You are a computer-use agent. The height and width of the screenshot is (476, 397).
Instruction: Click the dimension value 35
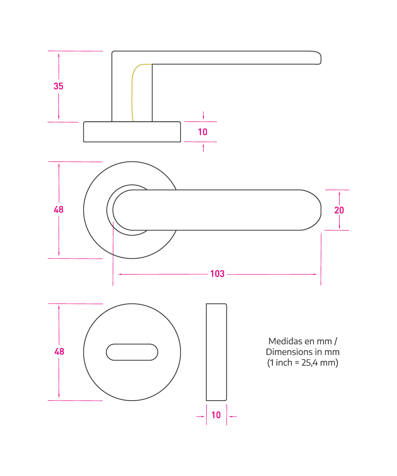point(58,86)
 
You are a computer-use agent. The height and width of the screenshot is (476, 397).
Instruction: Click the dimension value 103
point(217,274)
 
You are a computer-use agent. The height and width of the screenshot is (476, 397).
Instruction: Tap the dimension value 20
point(339,210)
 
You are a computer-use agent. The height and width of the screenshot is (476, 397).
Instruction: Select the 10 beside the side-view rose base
point(202,132)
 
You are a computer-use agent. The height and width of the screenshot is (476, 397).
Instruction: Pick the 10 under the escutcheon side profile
point(216,415)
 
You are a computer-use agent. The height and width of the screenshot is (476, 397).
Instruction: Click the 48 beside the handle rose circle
point(58,209)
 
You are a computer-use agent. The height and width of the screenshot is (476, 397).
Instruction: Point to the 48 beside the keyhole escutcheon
point(59,351)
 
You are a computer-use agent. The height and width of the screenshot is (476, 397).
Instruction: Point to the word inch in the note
point(284,363)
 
